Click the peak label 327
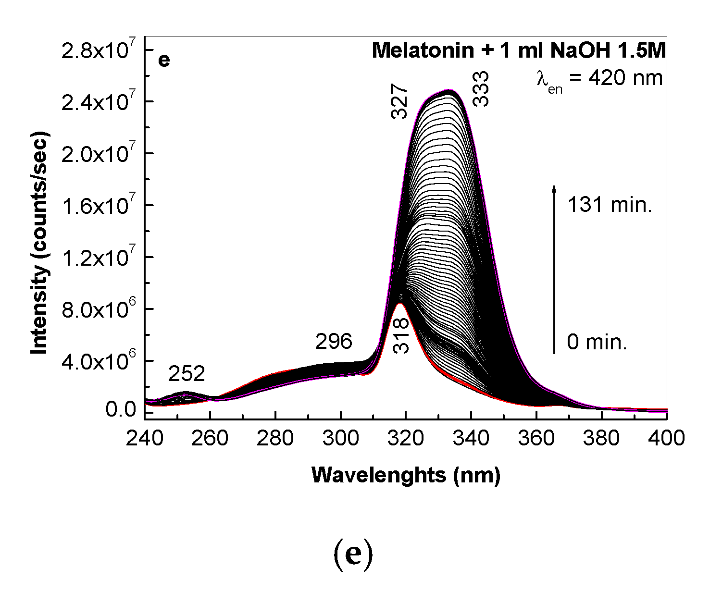[399, 101]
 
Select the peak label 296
[334, 342]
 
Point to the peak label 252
[187, 374]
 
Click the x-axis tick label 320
[406, 438]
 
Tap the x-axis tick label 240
[144, 438]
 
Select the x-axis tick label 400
[666, 438]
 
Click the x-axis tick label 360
[536, 438]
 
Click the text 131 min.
[610, 205]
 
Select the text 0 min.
[597, 342]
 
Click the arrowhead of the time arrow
[554, 189]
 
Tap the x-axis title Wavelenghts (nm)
[406, 475]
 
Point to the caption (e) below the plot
[353, 555]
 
